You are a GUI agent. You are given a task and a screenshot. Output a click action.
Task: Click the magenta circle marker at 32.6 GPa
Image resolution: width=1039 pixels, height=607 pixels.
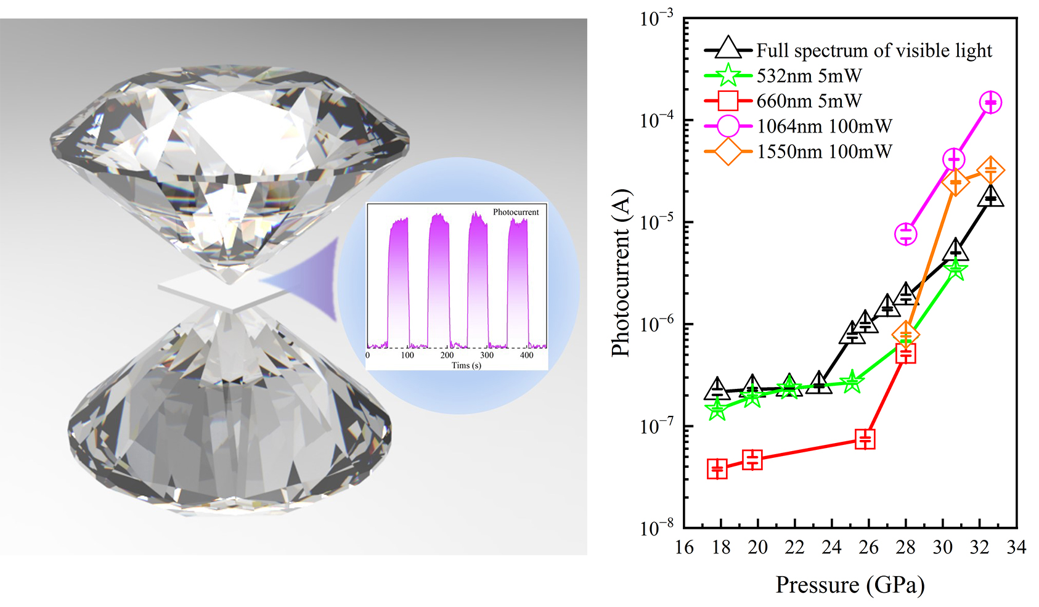tap(990, 102)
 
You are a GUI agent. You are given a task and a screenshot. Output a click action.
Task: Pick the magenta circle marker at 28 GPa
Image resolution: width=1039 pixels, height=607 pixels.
tap(905, 234)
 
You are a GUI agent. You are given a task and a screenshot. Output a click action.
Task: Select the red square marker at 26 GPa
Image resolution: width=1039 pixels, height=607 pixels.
tap(865, 439)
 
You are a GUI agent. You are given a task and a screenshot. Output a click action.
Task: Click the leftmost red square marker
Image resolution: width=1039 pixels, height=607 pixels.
tap(717, 469)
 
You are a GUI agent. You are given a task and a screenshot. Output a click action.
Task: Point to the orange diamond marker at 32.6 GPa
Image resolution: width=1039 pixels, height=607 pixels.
tap(990, 171)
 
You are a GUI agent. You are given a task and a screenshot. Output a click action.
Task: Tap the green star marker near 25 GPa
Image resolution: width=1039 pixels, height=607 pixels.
tap(852, 382)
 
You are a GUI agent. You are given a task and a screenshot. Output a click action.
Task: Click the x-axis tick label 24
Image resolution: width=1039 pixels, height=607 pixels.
tap(831, 547)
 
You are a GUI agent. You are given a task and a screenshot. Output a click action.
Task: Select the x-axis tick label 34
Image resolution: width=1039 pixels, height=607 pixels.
tap(1016, 547)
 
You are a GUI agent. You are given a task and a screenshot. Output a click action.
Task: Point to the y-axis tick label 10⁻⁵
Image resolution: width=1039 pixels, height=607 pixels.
tap(657, 221)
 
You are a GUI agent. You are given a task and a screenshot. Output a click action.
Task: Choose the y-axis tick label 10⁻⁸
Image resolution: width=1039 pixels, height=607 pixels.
tap(657, 528)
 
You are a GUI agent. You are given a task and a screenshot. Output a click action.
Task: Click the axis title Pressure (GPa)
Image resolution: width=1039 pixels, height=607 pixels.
tap(850, 585)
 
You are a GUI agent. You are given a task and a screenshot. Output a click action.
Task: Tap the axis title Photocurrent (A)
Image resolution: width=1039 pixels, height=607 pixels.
tap(621, 272)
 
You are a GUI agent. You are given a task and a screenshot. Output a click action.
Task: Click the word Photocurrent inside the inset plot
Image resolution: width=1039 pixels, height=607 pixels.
tap(515, 212)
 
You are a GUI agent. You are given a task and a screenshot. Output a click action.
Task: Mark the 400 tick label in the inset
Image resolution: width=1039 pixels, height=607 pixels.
tap(526, 356)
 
